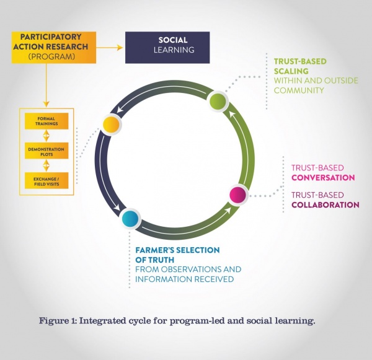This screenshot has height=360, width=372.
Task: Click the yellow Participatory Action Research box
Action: [50, 46]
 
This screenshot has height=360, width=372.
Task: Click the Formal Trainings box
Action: [46, 121]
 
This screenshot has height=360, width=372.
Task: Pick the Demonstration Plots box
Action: [46, 150]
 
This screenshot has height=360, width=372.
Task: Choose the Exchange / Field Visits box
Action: [46, 180]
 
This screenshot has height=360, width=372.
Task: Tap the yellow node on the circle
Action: [111, 124]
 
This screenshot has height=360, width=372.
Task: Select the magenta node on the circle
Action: [237, 195]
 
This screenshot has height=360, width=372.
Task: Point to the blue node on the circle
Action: [130, 218]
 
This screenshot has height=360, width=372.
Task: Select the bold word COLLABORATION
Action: [325, 205]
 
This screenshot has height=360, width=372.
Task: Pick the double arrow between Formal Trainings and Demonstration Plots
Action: [46, 136]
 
